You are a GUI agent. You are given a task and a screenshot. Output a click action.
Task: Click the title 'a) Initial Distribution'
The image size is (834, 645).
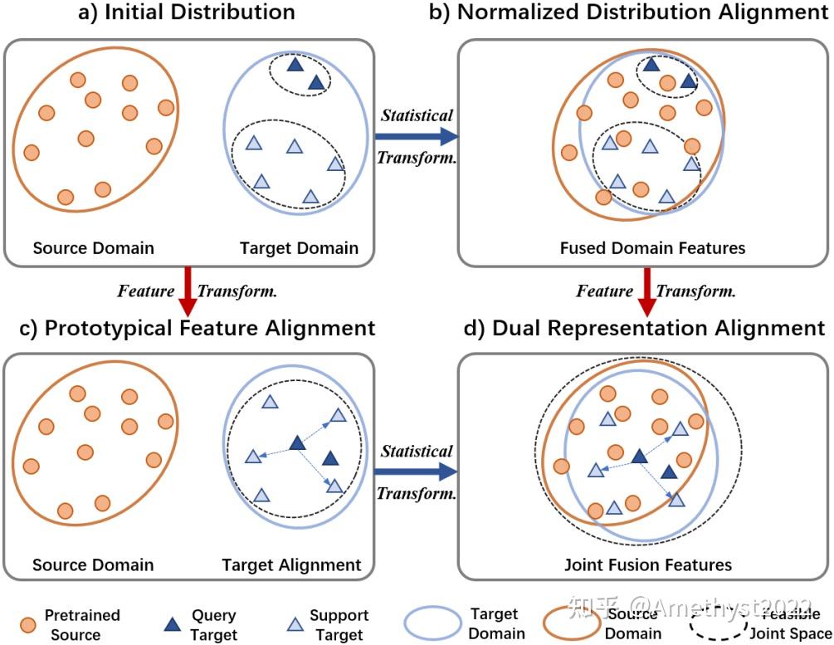[187, 12]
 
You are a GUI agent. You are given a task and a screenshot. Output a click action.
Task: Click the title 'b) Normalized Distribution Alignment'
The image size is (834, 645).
[642, 12]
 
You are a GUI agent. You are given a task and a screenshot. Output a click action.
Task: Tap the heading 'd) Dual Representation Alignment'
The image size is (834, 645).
[642, 328]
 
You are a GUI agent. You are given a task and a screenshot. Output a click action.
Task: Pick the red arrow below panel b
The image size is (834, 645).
[646, 291]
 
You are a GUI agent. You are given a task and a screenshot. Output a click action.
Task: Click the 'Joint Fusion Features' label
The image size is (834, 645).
[648, 565]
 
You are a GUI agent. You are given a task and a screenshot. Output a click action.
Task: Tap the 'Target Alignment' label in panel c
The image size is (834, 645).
[291, 565]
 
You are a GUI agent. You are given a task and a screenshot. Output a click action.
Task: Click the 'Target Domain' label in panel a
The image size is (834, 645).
[299, 247]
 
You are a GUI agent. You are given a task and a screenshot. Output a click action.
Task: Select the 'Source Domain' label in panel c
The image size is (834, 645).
[93, 565]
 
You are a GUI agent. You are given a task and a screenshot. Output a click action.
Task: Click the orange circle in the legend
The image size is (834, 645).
[27, 624]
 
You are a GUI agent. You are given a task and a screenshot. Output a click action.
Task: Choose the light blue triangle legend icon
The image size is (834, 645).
[293, 624]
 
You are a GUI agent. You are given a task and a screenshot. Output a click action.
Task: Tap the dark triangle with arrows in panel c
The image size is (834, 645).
[296, 443]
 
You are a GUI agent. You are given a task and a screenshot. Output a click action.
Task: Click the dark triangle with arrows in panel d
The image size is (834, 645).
[638, 455]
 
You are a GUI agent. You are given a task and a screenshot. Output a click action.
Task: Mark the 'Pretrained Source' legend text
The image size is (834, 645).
[81, 624]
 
